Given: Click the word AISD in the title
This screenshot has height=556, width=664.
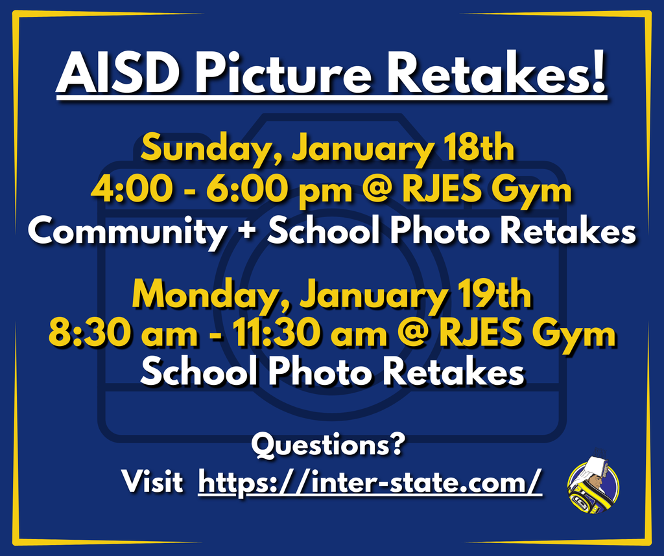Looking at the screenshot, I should [x=120, y=73].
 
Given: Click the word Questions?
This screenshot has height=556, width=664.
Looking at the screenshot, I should [x=328, y=446].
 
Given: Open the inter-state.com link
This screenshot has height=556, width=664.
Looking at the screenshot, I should [x=370, y=482].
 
